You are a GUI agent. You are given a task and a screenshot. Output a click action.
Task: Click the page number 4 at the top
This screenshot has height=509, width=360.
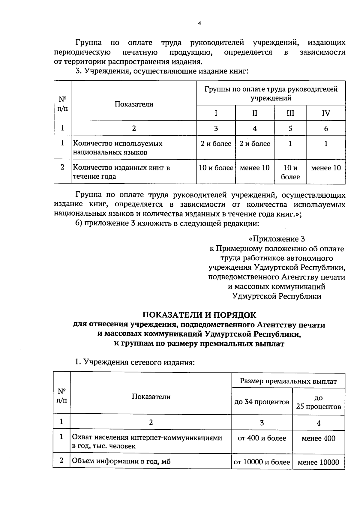(x=199, y=23)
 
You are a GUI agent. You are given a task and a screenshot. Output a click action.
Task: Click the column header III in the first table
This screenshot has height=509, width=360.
(x=290, y=113)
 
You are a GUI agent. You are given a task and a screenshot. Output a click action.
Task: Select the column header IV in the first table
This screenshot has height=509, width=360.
(x=326, y=113)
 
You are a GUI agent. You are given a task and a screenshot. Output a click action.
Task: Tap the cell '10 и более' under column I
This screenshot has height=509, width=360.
(x=216, y=168)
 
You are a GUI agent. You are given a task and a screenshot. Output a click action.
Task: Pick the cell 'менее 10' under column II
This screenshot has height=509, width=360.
(x=255, y=168)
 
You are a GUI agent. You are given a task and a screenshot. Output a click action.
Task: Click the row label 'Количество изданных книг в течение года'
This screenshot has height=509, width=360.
(x=121, y=172)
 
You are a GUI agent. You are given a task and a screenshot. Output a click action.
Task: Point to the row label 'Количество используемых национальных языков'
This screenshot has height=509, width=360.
(x=118, y=148)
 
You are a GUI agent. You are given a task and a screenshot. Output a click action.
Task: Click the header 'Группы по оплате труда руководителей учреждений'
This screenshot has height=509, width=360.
(x=271, y=93)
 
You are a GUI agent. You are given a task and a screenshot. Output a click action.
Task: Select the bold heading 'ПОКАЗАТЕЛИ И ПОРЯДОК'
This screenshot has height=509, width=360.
(x=199, y=315)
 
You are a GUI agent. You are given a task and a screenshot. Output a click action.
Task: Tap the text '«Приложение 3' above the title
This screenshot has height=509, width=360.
(x=277, y=239)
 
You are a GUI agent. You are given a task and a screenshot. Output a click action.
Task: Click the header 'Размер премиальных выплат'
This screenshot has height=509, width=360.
(x=288, y=381)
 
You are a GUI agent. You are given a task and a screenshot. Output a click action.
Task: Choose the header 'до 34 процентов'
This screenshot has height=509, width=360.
(x=262, y=402)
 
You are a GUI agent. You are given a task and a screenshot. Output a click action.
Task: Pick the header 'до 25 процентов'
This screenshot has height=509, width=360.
(x=318, y=402)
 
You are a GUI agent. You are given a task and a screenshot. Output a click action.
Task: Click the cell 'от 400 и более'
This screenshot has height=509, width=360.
(x=262, y=438)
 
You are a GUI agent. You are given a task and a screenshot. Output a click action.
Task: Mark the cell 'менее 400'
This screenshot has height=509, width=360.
(x=318, y=439)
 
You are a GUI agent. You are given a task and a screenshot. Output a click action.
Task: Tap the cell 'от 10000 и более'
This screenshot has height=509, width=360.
(x=262, y=462)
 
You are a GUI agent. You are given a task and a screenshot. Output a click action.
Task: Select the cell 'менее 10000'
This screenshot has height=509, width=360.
(x=318, y=462)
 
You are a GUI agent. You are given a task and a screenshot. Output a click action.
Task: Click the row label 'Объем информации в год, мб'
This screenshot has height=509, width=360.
(x=121, y=461)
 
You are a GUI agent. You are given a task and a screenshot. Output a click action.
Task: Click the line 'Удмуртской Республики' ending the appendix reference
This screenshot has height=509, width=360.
(x=277, y=296)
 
